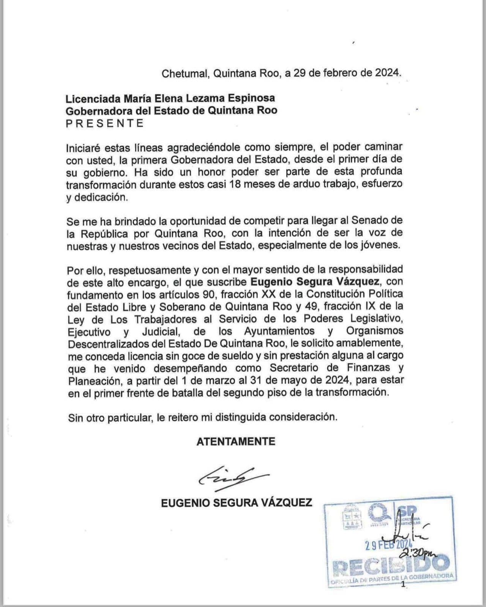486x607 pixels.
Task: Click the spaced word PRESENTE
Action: (105, 123)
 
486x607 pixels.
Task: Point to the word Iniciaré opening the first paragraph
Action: (84, 147)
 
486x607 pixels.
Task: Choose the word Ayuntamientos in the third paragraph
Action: (279, 331)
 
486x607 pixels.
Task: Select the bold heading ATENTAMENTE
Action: (236, 441)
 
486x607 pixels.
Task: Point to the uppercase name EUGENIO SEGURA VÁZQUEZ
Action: (237, 503)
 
